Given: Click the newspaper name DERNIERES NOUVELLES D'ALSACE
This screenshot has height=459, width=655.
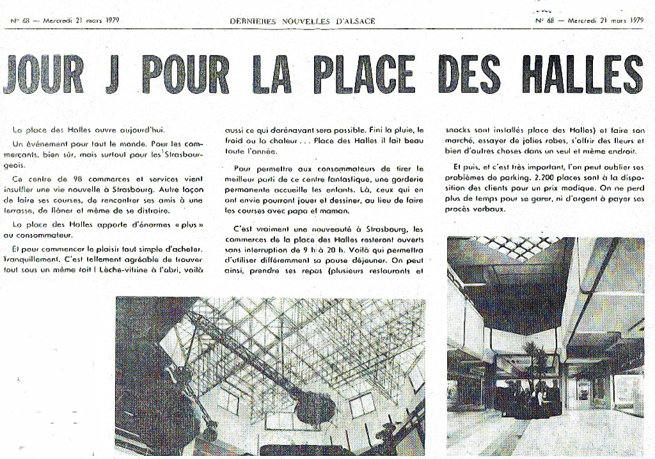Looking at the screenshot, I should coord(303,20).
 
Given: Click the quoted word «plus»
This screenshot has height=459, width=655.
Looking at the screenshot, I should coord(194,224).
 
